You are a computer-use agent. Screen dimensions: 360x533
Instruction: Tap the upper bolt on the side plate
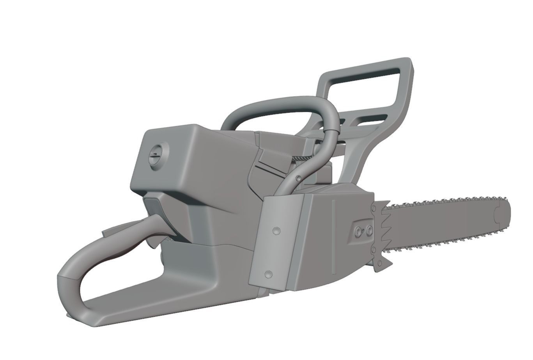coord(276,231)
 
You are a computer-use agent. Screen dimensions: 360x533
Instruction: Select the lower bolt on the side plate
coord(268,274)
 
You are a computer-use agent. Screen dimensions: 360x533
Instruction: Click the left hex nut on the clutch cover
coord(358,230)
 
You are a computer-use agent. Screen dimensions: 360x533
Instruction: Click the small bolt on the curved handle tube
coord(298,178)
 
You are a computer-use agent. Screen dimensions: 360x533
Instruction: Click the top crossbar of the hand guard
coord(367,67)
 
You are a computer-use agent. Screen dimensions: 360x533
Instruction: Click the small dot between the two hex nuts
coord(363,230)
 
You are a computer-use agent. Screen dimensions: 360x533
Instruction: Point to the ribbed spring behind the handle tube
coord(302,158)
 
